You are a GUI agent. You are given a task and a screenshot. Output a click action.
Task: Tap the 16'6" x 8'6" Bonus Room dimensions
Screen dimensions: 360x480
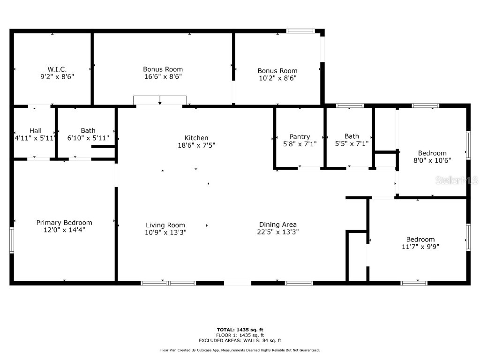click(163, 76)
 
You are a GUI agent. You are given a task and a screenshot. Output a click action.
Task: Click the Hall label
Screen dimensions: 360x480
click(36, 131)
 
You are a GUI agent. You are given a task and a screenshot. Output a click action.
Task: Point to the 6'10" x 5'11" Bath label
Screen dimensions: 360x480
click(88, 131)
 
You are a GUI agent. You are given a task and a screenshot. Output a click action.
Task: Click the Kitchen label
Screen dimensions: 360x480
click(196, 138)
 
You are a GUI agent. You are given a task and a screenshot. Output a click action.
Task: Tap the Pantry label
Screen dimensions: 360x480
click(300, 136)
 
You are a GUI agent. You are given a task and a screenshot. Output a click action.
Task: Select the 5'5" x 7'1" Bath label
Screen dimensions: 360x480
click(352, 136)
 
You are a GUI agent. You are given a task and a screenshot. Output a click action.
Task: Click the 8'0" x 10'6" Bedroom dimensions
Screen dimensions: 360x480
click(432, 160)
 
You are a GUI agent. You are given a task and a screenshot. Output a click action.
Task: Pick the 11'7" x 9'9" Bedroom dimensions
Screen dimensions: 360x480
click(420, 246)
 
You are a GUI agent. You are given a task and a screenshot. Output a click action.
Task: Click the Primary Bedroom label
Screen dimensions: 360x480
click(64, 223)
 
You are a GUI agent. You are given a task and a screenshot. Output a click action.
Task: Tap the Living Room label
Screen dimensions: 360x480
click(165, 225)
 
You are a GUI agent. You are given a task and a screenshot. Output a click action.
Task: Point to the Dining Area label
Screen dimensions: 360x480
click(278, 225)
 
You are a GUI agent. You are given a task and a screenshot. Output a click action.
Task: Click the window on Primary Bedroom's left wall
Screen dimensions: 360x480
click(12, 240)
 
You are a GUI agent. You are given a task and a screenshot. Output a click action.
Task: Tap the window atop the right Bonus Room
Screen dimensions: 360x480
click(300, 31)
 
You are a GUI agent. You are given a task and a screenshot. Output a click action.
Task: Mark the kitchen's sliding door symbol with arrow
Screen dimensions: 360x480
click(160, 101)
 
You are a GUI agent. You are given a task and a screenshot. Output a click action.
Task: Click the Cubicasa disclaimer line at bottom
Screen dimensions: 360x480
click(240, 350)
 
